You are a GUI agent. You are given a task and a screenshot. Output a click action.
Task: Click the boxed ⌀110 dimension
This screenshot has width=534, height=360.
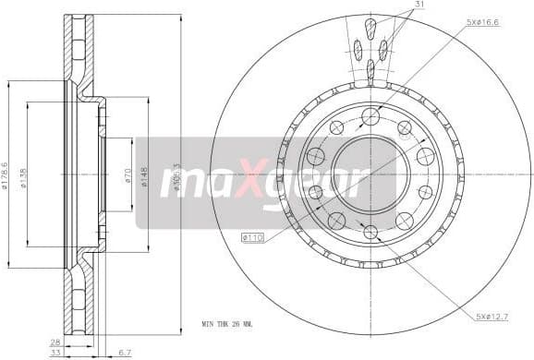(252, 238)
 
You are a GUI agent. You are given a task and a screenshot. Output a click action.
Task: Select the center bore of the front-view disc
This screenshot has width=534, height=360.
(370, 174)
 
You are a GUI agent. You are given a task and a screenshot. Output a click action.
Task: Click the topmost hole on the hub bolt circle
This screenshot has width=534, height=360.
(370, 115)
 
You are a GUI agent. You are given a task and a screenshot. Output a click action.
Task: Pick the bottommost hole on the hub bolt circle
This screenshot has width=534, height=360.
(370, 232)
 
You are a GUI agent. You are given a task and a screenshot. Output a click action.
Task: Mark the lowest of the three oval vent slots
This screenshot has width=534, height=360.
(370, 68)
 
